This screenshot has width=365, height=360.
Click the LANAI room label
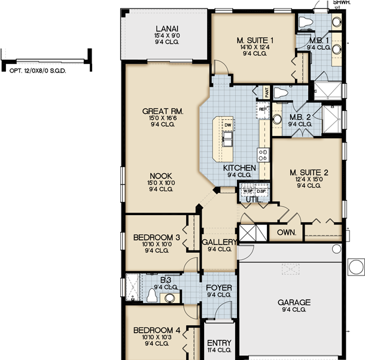166,28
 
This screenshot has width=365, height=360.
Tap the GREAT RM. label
162,111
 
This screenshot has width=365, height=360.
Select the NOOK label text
162,176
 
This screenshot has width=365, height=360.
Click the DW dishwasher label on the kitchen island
227,125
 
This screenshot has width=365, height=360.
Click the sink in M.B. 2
276,118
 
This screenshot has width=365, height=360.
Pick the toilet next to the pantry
281,93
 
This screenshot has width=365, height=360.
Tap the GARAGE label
294,302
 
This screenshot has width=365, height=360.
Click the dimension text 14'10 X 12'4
255,47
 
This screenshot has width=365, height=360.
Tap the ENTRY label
218,343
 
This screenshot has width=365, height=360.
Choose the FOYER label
218,288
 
